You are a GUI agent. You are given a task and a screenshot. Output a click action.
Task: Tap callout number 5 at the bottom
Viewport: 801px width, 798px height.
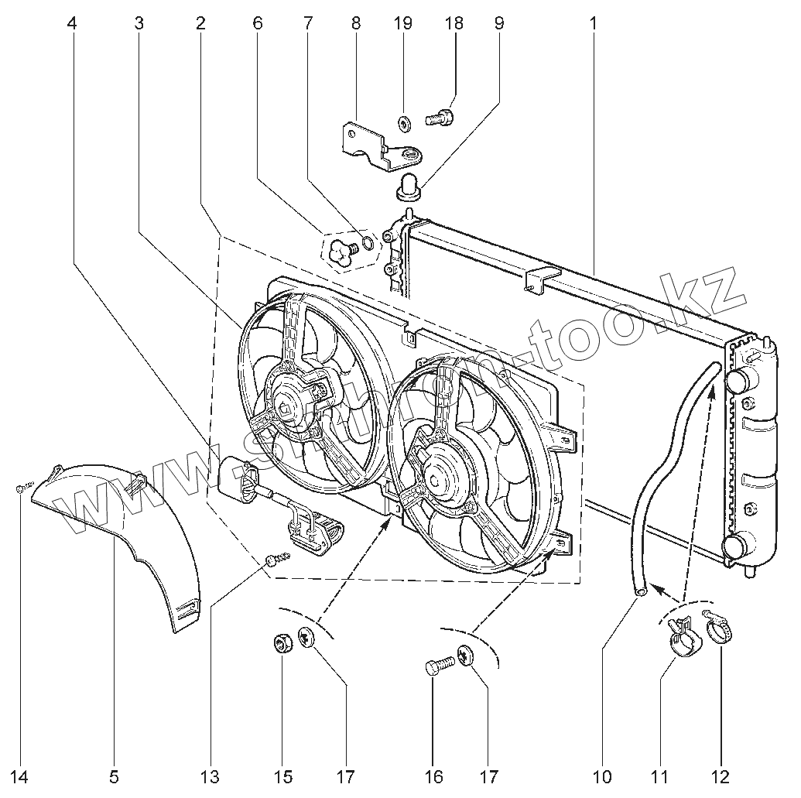point(115,775)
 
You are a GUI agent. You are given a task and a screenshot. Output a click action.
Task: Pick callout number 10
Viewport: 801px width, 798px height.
point(603,775)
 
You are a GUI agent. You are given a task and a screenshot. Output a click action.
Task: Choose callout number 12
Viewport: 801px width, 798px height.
point(721,775)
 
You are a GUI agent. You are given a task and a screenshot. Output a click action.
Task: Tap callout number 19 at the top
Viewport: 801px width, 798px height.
point(402,22)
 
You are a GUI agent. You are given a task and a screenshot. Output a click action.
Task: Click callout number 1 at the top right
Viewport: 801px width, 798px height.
point(594,22)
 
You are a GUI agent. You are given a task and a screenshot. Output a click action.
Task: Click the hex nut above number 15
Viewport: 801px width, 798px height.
point(282,642)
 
